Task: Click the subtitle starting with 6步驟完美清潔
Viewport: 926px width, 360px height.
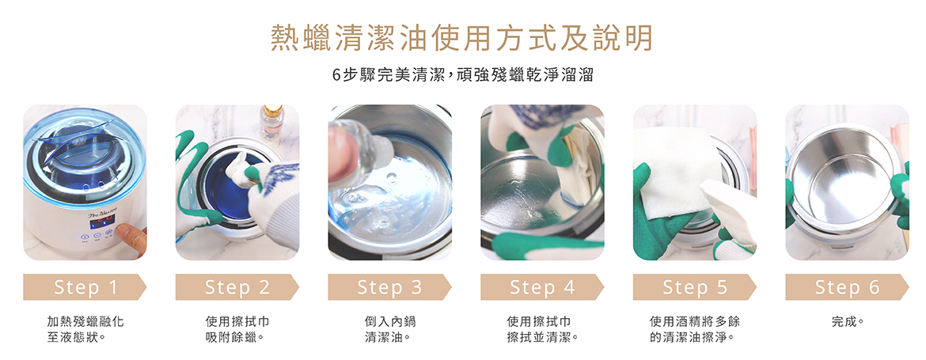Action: coord(462,76)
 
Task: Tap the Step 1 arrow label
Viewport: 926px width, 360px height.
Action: coord(85,287)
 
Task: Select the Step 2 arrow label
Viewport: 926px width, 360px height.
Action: coord(237,287)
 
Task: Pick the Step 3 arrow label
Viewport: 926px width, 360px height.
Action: coord(389,287)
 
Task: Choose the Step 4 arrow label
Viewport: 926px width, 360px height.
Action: coord(542,287)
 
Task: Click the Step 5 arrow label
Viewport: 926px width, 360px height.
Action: coord(694,287)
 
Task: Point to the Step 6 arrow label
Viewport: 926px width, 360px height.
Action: coord(847,287)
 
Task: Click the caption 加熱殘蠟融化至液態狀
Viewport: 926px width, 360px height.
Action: coord(85,329)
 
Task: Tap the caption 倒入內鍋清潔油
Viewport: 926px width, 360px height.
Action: coord(389,329)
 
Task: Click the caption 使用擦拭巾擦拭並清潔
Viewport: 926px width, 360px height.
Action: coord(542,329)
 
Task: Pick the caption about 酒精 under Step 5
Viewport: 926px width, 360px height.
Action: coord(694,329)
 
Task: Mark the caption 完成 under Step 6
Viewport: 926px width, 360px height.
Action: coord(847,322)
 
